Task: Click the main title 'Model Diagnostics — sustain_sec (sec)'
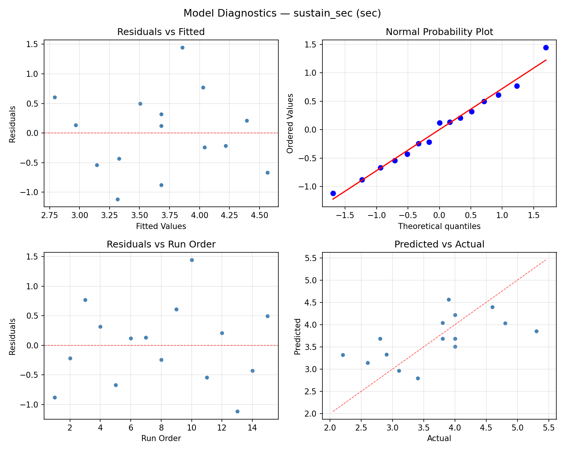282,13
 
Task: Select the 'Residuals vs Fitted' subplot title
161,32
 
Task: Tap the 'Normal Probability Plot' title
439,32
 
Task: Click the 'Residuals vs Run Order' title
161,244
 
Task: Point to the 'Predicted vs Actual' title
439,244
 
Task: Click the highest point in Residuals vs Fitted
182,47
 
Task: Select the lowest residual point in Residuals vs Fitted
118,199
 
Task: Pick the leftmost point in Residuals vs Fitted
55,97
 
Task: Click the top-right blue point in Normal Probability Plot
546,47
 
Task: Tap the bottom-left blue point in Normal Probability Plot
333,193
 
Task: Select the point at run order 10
192,260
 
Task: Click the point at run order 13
237,411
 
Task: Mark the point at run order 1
55,397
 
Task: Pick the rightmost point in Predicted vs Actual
536,331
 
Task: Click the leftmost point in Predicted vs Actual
343,355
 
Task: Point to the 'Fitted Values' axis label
161,226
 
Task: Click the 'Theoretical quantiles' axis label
439,226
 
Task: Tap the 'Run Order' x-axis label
161,438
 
